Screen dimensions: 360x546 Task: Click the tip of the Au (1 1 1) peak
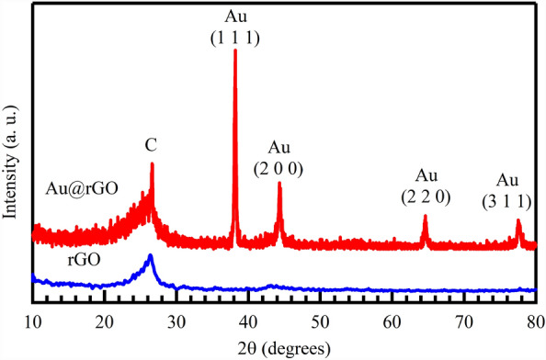point(235,51)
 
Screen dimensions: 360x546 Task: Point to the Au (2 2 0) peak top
point(425,217)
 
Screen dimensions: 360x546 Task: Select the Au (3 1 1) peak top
point(518,221)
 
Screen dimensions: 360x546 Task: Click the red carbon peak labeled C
point(152,164)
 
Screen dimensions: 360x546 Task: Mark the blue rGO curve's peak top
point(150,256)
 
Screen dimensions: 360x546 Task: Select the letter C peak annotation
point(152,145)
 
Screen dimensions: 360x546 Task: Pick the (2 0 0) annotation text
point(279,168)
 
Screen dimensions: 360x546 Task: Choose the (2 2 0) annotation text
point(426,196)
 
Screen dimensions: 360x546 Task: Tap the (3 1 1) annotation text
point(506,199)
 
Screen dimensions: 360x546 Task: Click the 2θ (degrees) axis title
point(284,348)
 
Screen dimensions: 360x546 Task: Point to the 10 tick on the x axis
point(33,321)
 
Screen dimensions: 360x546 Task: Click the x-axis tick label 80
point(533,321)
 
